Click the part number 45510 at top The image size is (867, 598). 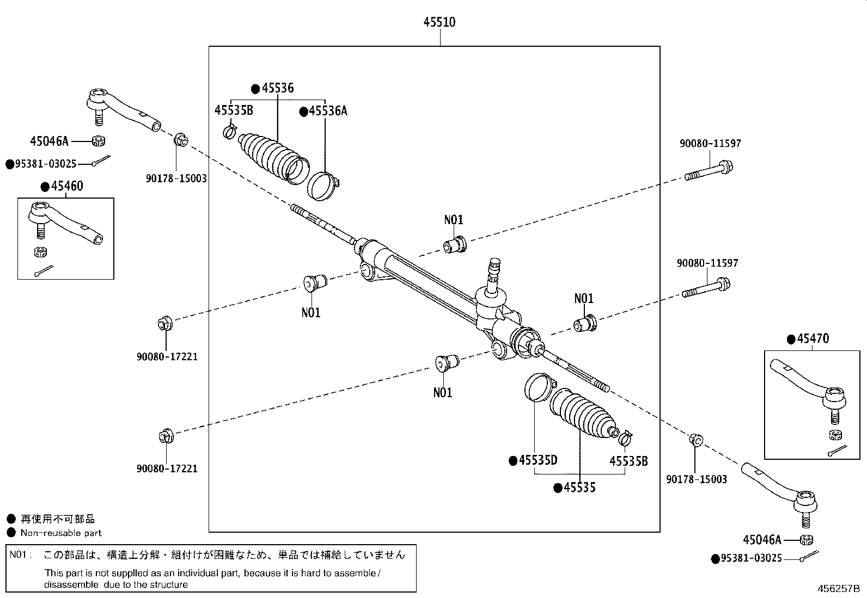(439, 22)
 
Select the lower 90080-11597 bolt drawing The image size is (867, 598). (706, 288)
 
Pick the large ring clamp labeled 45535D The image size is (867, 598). (538, 387)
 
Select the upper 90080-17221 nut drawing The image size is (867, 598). (164, 324)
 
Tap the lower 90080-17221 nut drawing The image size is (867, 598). (165, 436)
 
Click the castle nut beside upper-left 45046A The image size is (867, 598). (99, 141)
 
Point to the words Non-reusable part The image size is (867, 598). (61, 533)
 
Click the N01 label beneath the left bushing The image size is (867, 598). (310, 313)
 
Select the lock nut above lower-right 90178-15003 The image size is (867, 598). (695, 439)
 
